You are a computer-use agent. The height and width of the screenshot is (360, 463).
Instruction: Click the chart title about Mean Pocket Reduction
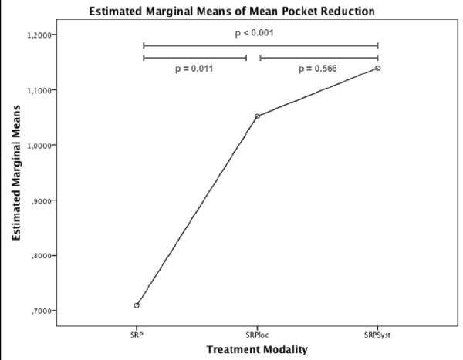point(231,11)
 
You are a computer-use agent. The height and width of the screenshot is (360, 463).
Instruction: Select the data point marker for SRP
point(137,305)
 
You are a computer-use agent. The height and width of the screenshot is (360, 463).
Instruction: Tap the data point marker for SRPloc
point(257,116)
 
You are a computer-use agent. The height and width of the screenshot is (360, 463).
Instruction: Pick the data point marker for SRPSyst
point(377,68)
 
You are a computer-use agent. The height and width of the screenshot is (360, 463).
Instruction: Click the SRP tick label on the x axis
point(137,335)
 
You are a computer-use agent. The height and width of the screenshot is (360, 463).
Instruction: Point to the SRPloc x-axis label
point(257,335)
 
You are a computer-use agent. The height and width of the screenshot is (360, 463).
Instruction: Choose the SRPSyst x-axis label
point(377,335)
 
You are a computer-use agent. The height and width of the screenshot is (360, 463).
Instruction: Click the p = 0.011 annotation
point(193,69)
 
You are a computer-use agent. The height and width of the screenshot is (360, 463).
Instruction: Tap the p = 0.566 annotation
point(319,69)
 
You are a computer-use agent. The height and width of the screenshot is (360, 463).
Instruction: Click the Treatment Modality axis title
point(257,349)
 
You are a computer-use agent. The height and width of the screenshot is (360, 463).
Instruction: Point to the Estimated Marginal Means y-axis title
point(16,173)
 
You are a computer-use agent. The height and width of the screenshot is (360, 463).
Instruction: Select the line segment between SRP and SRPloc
point(197,210)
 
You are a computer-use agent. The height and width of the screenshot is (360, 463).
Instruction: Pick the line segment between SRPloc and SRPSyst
point(317,93)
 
